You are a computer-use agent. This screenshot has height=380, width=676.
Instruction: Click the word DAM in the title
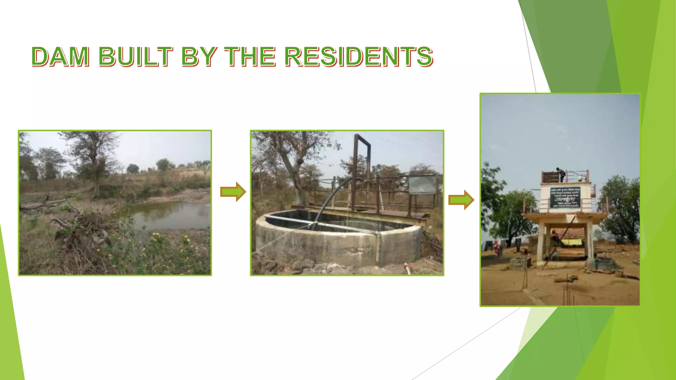60,56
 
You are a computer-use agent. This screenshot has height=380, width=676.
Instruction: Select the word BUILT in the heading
135,56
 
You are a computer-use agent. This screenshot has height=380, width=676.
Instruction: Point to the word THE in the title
250,56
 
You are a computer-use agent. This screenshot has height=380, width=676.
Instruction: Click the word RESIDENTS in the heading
358,56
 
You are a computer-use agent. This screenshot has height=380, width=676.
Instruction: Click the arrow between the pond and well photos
233,192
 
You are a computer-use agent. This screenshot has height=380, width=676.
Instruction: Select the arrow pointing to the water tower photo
461,200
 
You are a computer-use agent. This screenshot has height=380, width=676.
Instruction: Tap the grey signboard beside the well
422,184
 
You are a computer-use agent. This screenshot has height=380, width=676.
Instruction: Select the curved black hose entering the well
330,198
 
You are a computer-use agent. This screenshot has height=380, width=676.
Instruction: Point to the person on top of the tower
560,174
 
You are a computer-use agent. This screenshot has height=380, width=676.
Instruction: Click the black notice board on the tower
565,197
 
